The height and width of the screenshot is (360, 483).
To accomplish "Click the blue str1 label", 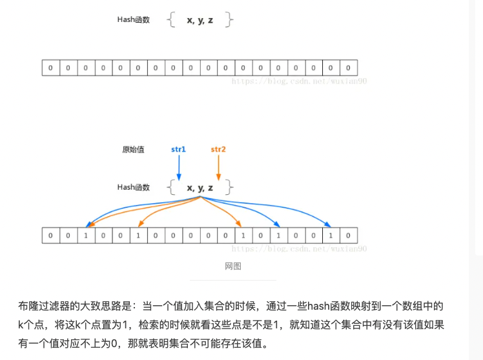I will point(178,150).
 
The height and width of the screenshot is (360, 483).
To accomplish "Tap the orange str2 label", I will point(218,150).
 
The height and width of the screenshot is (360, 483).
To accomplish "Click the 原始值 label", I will point(133,150).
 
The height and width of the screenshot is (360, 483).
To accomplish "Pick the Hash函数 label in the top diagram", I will point(133,20).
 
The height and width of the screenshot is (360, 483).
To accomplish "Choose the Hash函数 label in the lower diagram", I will point(133,187).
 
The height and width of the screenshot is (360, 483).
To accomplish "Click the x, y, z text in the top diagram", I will point(200,20).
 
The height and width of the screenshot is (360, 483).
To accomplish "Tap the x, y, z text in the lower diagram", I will point(200,188).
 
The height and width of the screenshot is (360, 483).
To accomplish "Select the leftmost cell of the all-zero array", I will point(50,68).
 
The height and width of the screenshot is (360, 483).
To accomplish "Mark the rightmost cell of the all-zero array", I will point(348,68).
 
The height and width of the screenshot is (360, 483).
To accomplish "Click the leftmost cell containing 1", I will point(86,235).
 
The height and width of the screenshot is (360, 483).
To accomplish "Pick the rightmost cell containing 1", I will point(331,235).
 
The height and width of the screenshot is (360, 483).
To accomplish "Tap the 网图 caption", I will point(232,266).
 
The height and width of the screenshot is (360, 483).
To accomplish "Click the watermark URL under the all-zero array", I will point(299,81).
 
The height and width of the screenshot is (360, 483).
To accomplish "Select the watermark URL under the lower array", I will point(299,248).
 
